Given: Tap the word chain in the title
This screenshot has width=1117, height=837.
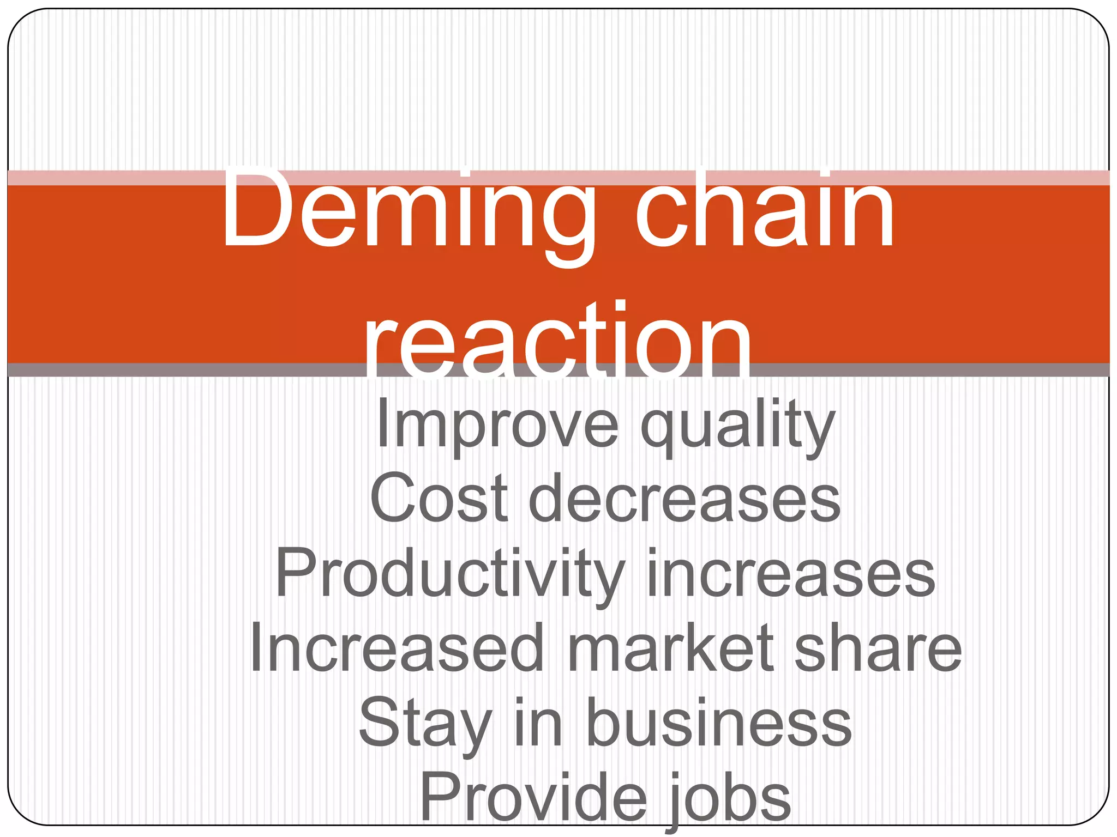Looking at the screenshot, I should point(764,210).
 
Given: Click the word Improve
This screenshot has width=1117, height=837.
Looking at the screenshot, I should point(497,424).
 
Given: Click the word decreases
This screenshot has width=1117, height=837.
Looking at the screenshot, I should point(684,499).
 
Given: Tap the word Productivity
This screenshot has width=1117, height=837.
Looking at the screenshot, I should point(450,574).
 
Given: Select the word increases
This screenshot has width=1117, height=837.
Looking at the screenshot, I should point(790,574).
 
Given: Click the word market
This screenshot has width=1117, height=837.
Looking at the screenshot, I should point(671,648).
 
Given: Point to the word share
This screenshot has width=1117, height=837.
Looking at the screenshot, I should point(878,648).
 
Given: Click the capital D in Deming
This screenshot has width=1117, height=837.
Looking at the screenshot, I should point(254,210).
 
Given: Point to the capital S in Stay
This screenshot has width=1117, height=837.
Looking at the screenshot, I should point(380,724).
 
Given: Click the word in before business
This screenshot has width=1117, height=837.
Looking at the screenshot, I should point(538,724).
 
